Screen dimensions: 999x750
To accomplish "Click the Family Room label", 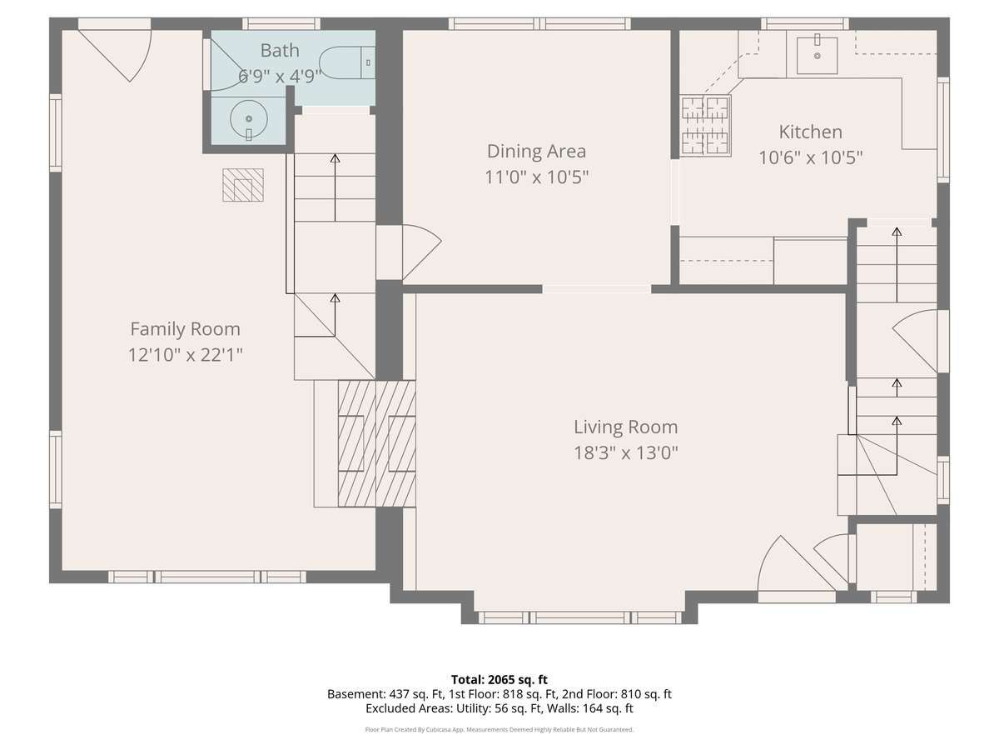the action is pos(186,329).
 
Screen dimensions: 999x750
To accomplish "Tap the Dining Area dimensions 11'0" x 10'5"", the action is pos(537,177).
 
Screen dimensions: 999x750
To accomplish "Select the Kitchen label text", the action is pos(811,132).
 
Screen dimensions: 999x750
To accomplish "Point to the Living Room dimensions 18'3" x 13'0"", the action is pos(626,452).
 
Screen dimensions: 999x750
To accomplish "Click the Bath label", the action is pos(280,50).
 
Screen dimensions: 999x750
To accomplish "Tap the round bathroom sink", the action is pos(248,119).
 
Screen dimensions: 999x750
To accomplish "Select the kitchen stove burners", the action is pos(705,125).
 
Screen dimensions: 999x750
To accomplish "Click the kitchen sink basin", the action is pos(817,55).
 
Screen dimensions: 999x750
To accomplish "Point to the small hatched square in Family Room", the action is pos(243,185).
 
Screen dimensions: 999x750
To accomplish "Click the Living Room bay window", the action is pos(579,617).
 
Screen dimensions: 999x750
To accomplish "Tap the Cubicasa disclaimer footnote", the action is pos(499,729).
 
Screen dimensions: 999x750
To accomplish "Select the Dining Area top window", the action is pos(539,23).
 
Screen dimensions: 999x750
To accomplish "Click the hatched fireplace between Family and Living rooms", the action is pos(377,443).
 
